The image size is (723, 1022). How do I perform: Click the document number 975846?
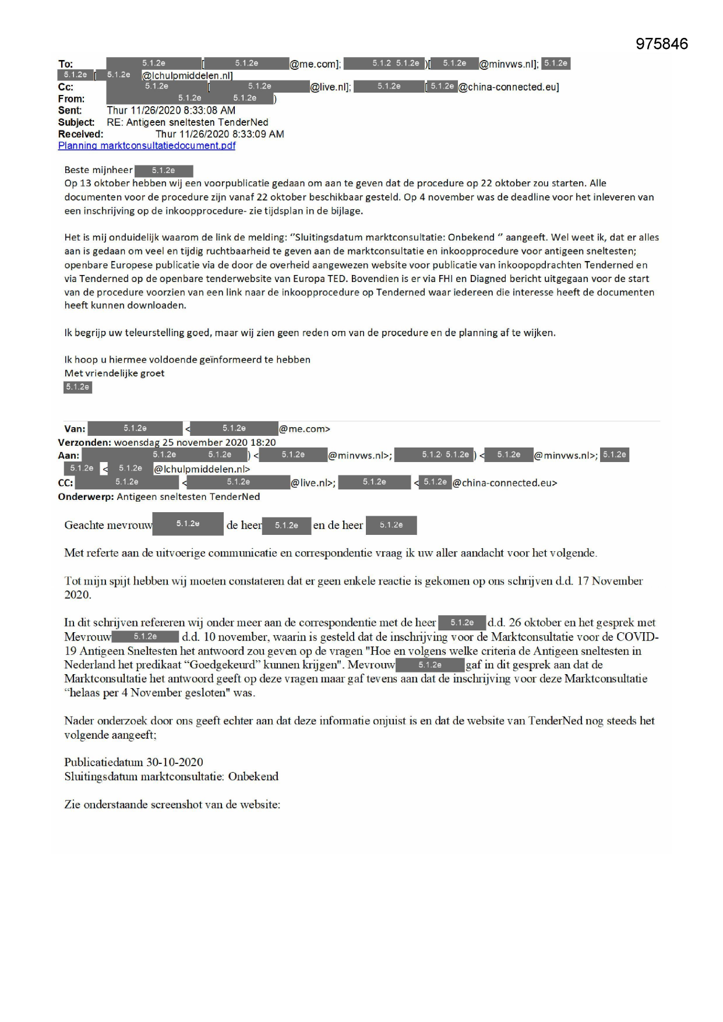click(x=661, y=44)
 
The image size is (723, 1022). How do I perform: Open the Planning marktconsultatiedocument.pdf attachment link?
click(x=147, y=146)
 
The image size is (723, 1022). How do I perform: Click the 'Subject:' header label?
click(x=76, y=122)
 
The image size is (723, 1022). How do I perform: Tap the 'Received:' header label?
click(x=80, y=134)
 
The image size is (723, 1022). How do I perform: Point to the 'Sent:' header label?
click(x=70, y=111)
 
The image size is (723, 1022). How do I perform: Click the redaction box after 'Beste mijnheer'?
click(x=164, y=171)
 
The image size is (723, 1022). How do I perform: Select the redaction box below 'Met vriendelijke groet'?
click(x=77, y=387)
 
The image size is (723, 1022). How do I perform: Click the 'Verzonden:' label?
click(x=84, y=442)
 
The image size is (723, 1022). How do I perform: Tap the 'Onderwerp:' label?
click(x=86, y=496)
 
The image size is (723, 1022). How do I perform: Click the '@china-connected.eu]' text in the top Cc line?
click(x=509, y=87)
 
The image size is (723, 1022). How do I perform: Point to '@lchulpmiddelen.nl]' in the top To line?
click(x=188, y=76)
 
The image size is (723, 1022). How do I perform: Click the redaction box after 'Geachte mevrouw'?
click(x=188, y=524)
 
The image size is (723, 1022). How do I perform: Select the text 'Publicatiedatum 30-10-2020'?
click(x=133, y=762)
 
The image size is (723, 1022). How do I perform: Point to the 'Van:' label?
click(x=75, y=429)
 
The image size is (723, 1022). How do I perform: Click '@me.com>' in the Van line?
click(x=305, y=429)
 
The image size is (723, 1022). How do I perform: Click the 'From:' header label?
click(x=71, y=99)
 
